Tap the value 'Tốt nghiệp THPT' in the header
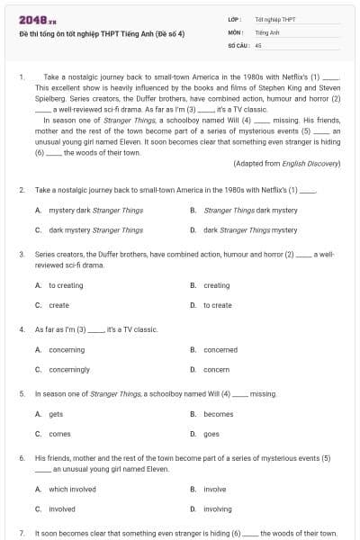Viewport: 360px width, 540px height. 274,19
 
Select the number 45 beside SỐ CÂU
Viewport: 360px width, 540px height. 258,43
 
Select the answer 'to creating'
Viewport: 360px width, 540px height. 66,285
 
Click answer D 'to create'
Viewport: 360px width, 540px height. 217,305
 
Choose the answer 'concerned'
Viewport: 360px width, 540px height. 220,349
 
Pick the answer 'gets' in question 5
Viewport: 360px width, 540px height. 56,414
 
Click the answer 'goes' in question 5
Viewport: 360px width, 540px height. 211,434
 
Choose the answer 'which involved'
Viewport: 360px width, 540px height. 72,489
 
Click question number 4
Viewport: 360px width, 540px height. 22,329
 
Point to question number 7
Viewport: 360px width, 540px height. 22,534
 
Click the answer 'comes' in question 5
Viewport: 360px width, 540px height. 58,434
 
